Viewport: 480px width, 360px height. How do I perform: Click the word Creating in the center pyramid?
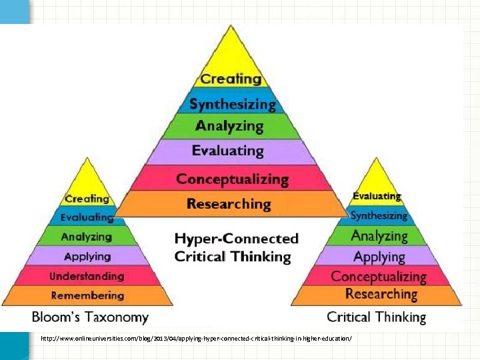[231, 79]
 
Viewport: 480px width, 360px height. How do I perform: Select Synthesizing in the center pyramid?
[231, 104]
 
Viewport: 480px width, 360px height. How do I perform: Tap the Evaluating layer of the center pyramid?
[228, 151]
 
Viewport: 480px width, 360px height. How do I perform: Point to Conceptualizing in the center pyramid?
[232, 179]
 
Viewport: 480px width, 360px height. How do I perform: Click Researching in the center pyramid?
[229, 204]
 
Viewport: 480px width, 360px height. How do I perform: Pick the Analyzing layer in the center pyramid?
[229, 126]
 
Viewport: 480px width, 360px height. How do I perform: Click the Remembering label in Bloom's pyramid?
[87, 295]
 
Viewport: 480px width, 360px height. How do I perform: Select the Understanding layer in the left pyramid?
[87, 276]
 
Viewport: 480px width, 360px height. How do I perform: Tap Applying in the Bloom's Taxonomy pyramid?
[87, 256]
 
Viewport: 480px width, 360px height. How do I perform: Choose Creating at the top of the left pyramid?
[87, 199]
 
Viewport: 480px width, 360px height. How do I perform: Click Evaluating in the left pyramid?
[87, 217]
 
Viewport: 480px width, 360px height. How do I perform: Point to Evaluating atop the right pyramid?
[377, 196]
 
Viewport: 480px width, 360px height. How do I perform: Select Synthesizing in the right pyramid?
[379, 215]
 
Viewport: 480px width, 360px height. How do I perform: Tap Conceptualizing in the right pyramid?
[379, 276]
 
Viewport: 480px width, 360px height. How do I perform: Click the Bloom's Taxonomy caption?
[90, 317]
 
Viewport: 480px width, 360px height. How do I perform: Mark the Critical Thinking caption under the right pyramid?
[376, 317]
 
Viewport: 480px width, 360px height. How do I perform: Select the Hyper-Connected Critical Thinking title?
[236, 247]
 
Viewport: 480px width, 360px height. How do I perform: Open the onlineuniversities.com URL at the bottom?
[195, 339]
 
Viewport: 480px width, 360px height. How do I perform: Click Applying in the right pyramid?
[379, 257]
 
